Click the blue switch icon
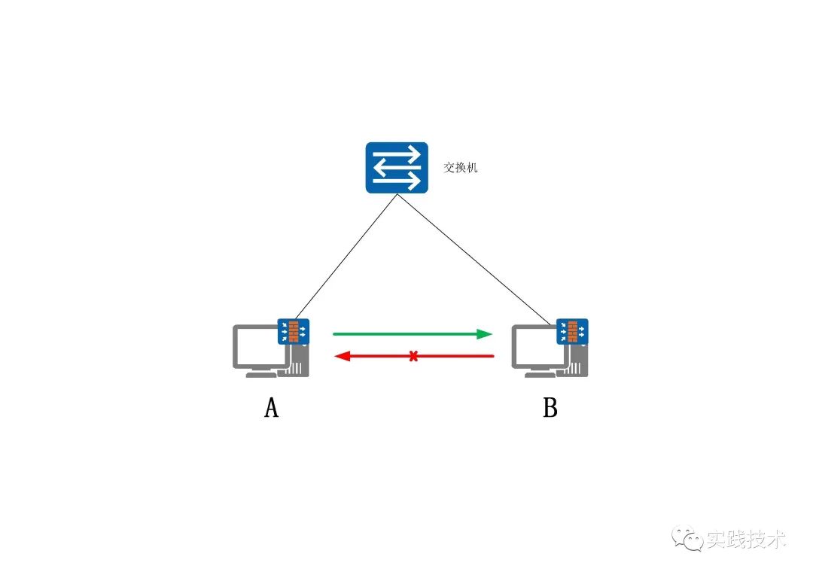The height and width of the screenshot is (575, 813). tap(397, 167)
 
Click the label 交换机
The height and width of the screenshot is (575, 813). tap(461, 168)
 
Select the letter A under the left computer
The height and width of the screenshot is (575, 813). tap(272, 408)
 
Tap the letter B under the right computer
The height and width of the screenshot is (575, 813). tap(550, 408)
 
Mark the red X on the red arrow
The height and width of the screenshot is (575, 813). tap(413, 356)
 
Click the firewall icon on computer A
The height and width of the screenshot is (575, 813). tap(294, 331)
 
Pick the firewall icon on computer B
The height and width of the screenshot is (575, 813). tap(572, 331)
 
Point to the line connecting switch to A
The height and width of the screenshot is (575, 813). tap(346, 256)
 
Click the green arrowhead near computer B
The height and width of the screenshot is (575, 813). tap(486, 333)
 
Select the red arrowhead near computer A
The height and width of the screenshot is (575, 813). tap(341, 356)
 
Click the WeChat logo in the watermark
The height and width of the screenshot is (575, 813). tap(688, 538)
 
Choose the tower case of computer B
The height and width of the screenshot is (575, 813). tap(577, 365)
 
